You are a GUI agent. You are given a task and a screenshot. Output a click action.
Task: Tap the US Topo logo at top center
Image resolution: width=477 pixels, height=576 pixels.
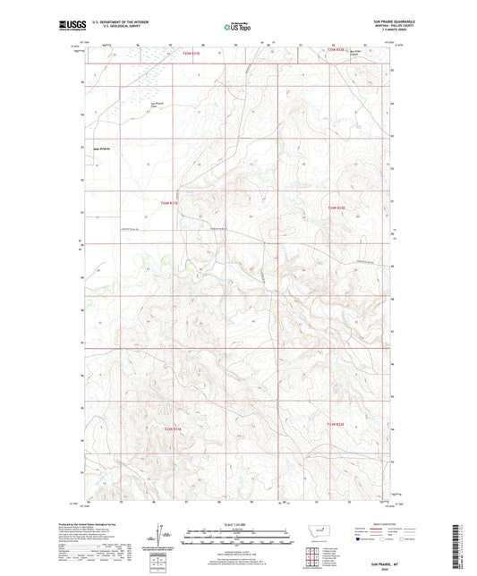tap(238, 27)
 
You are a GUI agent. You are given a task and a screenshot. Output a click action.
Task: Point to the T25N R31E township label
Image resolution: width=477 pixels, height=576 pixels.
tap(191, 55)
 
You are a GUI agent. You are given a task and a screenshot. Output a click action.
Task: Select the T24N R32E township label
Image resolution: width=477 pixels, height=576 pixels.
tap(336, 208)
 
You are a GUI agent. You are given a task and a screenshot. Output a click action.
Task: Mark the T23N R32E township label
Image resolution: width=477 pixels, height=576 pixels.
tap(336, 424)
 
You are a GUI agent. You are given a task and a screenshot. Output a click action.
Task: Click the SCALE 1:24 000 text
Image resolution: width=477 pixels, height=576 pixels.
tap(238, 524)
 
